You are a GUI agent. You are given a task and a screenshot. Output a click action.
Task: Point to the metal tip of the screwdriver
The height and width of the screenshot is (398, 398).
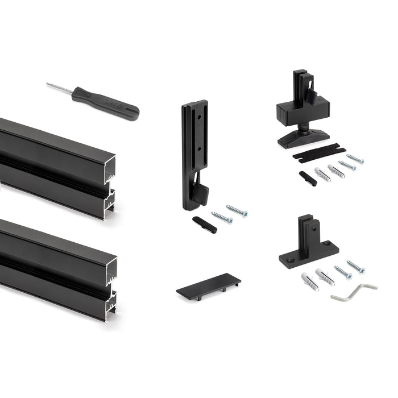[57, 87]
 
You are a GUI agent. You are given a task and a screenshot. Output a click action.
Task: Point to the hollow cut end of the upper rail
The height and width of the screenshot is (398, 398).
[109, 188]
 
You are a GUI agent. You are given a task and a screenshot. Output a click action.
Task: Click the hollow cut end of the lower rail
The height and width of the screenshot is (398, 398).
[109, 290]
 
